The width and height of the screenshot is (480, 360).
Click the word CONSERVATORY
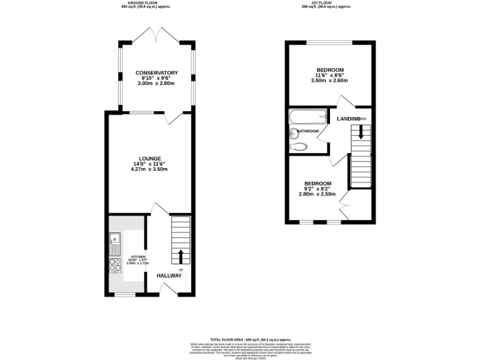[157, 73]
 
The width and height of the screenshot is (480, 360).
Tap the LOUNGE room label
[150, 158]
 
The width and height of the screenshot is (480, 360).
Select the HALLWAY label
[169, 276]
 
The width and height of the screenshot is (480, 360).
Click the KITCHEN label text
[138, 257]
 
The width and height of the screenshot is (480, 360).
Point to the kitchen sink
[115, 238]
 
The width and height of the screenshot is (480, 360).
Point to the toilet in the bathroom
[299, 147]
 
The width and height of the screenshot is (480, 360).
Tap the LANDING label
[348, 119]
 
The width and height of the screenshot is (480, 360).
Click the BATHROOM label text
[308, 131]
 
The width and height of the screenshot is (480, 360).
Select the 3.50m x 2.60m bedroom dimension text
[330, 81]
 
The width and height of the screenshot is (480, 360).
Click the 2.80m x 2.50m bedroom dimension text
[317, 194]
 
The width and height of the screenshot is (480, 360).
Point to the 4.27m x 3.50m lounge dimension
[150, 169]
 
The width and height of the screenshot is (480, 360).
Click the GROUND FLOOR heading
[144, 2]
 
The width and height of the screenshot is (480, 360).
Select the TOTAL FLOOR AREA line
[241, 338]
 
